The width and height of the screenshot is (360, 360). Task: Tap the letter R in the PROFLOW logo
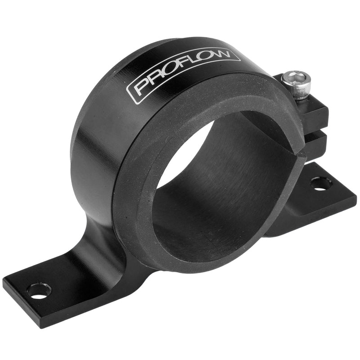pyautogui.click(x=155, y=81)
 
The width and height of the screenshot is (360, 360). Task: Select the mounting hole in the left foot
pyautogui.click(x=39, y=290)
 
